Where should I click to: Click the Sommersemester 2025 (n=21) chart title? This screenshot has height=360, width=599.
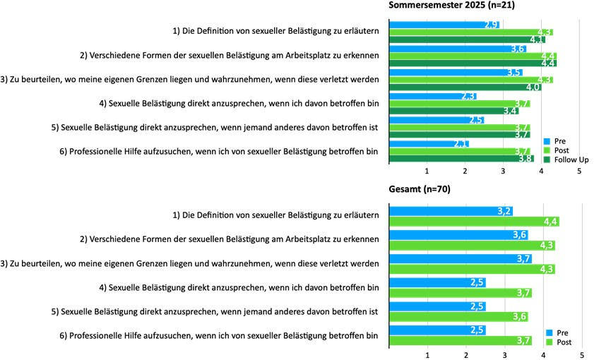pos(451,5)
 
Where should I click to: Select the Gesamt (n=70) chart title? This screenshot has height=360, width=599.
pos(420,189)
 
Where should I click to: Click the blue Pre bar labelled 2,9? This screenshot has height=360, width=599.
pos(444,25)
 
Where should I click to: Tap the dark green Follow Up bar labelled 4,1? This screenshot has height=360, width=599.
pos(467,40)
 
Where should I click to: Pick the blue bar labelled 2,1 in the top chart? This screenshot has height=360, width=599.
pos(429,144)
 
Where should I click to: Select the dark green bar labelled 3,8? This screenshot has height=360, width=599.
pos(461,158)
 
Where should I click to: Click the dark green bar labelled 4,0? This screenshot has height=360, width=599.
pos(465,88)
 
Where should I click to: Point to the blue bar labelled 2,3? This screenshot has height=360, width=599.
pos(433,96)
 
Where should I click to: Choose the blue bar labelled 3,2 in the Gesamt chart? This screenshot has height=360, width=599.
pos(451,211)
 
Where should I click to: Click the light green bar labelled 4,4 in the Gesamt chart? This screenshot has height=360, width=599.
pos(475,222)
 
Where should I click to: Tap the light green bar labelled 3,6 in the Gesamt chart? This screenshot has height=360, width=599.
pos(459,317)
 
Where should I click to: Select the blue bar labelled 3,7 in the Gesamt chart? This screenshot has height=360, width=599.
pos(461,259)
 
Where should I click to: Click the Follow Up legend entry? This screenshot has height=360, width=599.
pos(566,160)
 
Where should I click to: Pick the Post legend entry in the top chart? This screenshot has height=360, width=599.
pos(556,150)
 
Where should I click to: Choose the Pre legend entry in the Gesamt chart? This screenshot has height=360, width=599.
pos(557,333)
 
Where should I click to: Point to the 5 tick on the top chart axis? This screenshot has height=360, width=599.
pos(579,171)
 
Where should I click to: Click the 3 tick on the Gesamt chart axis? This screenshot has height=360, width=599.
pos(505,355)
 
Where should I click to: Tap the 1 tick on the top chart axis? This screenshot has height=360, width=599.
pos(427,171)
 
